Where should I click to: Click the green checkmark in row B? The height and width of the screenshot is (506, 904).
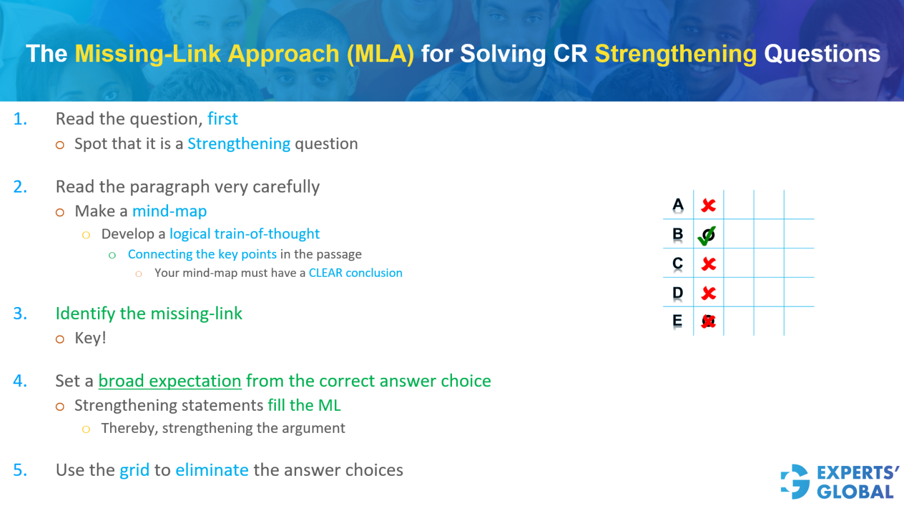(x=707, y=235)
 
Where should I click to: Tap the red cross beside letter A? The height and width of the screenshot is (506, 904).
(x=708, y=205)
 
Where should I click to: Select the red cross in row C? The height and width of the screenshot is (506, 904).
(x=708, y=264)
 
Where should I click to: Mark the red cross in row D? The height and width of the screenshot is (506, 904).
(x=708, y=293)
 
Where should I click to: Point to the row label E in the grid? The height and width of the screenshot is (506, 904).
(x=677, y=321)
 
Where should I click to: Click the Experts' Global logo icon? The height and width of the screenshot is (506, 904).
(x=795, y=482)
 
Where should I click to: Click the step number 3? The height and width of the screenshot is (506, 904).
(x=20, y=313)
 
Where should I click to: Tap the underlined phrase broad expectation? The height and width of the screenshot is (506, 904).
(x=170, y=381)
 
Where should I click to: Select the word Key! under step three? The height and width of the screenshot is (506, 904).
(x=90, y=338)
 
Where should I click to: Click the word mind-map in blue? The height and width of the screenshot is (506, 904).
(x=169, y=211)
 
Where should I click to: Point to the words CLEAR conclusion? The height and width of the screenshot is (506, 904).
(x=355, y=273)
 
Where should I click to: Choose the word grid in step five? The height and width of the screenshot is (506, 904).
(x=134, y=470)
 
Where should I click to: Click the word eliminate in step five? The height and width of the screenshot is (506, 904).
(x=212, y=470)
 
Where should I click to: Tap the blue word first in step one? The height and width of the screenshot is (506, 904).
(x=223, y=119)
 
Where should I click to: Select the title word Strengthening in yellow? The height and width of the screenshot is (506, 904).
(x=676, y=54)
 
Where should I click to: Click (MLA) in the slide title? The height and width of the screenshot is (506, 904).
(x=380, y=54)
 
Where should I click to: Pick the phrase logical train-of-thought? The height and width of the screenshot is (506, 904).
(x=244, y=234)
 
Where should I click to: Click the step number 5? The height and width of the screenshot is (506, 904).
(x=20, y=470)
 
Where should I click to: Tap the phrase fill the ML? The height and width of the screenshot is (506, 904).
(x=304, y=405)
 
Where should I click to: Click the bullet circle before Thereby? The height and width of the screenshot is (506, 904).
(x=86, y=429)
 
